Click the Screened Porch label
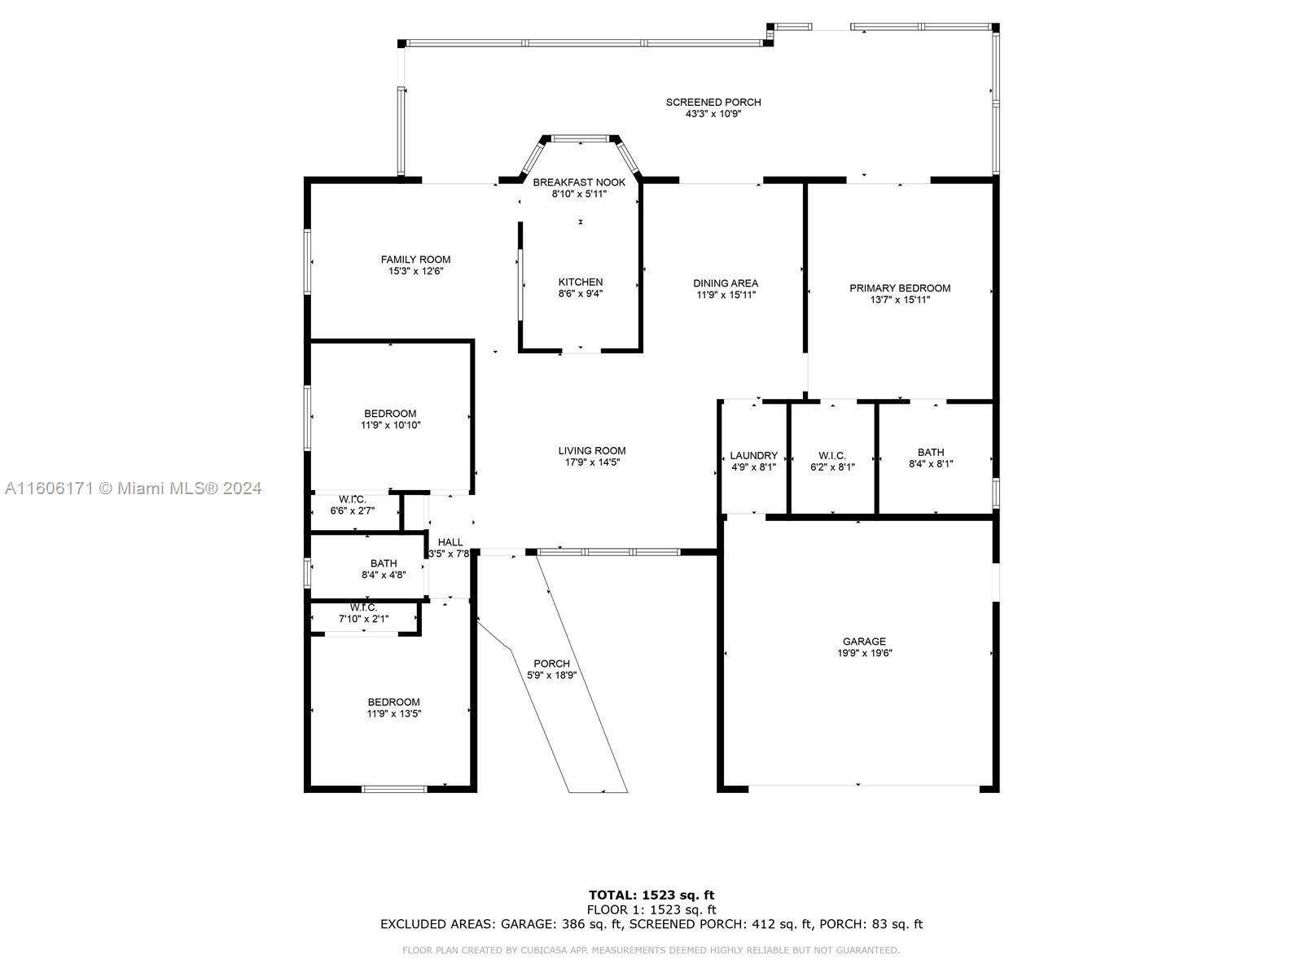(x=713, y=102)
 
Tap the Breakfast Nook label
(x=579, y=182)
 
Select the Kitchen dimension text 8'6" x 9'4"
(x=580, y=293)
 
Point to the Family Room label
(x=415, y=259)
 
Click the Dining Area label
(x=726, y=283)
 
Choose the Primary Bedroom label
(x=900, y=287)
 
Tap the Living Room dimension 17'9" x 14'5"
(x=592, y=462)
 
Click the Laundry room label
(x=753, y=455)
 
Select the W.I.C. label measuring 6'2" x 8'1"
(x=831, y=455)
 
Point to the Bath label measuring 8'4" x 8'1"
(x=930, y=452)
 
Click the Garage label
(x=864, y=642)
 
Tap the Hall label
(x=450, y=541)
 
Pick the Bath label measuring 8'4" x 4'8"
(x=384, y=563)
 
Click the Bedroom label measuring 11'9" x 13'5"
(x=393, y=702)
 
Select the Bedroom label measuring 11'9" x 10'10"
(x=390, y=414)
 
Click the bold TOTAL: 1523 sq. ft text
(x=651, y=895)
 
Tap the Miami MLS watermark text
(x=133, y=488)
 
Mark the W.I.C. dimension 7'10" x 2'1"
(x=363, y=619)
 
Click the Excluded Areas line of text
(x=651, y=923)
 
